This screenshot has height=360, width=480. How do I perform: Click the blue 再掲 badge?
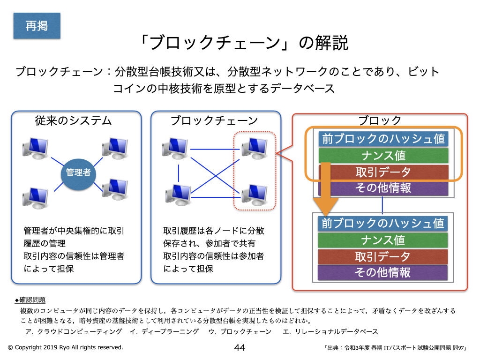coord(37,26)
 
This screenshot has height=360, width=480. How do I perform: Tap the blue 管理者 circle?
coord(78,172)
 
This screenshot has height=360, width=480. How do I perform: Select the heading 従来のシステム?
coord(74,120)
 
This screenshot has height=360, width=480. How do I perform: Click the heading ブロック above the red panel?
coord(380,120)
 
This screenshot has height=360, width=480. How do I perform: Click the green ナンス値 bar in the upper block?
coord(383,155)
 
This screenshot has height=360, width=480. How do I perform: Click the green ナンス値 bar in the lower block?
coord(383,240)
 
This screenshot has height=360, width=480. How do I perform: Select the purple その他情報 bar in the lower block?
coord(383,272)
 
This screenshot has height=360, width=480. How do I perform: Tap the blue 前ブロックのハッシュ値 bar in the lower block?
coord(383,223)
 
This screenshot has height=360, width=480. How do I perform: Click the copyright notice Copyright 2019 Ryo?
coord(65,347)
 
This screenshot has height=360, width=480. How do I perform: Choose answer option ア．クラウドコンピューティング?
coord(75,331)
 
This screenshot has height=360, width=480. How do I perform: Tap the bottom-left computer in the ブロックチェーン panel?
coord(178,195)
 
